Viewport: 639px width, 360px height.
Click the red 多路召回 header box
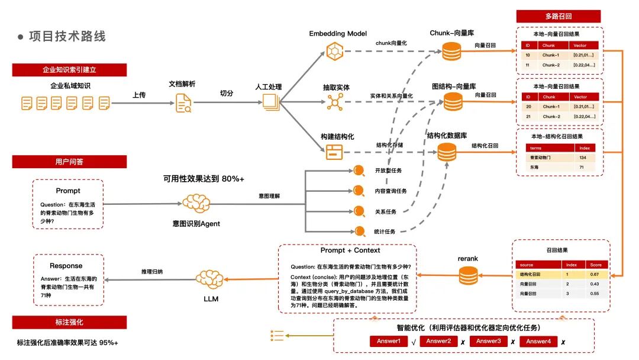pyautogui.click(x=559, y=17)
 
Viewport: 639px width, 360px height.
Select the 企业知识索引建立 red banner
pyautogui.click(x=69, y=70)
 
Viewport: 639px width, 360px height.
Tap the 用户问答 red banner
pyautogui.click(x=69, y=161)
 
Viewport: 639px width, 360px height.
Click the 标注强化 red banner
pyautogui.click(x=69, y=322)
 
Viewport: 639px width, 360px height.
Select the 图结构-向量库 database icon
pyautogui.click(x=453, y=102)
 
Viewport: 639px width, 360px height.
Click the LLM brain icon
pyautogui.click(x=211, y=278)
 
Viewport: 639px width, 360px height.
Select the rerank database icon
pyautogui.click(x=467, y=275)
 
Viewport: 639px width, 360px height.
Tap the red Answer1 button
pyautogui.click(x=389, y=342)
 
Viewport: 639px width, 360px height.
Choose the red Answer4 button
pyautogui.click(x=538, y=342)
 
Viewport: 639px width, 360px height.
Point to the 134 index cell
pyautogui.click(x=583, y=158)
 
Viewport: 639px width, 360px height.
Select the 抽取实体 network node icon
pyautogui.click(x=335, y=102)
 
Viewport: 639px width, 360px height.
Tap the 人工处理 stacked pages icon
pyautogui.click(x=271, y=103)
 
